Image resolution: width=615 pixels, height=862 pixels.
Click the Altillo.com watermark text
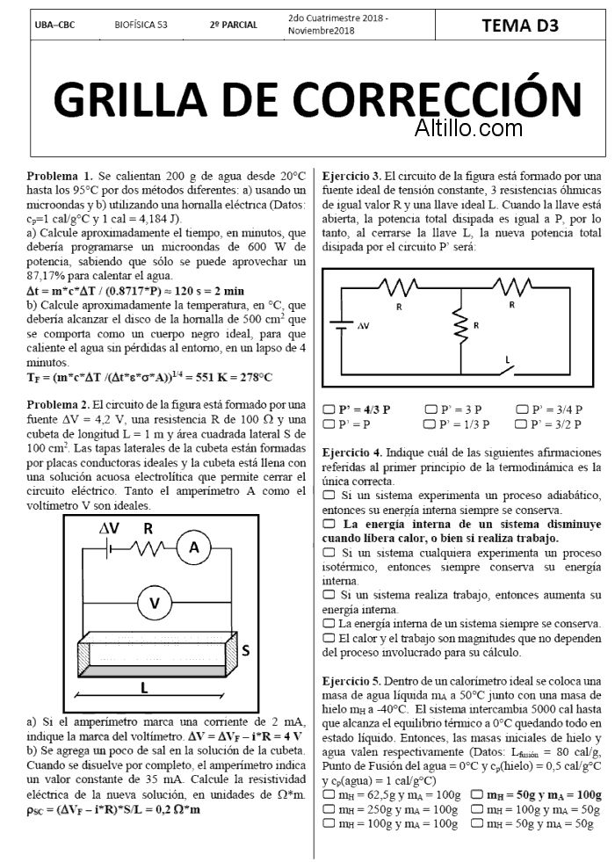coord(469,128)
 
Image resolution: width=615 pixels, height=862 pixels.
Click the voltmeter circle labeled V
coord(155,603)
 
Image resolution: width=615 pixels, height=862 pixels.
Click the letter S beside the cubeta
coord(245,651)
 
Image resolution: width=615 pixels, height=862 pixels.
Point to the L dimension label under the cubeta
coord(143,686)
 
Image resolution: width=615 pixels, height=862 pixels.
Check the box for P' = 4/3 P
coord(329,409)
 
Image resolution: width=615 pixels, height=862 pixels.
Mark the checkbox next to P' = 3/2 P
coord(522,424)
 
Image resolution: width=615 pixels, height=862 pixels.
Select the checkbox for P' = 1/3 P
coord(430,424)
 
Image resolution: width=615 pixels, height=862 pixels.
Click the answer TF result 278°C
coord(253,378)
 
